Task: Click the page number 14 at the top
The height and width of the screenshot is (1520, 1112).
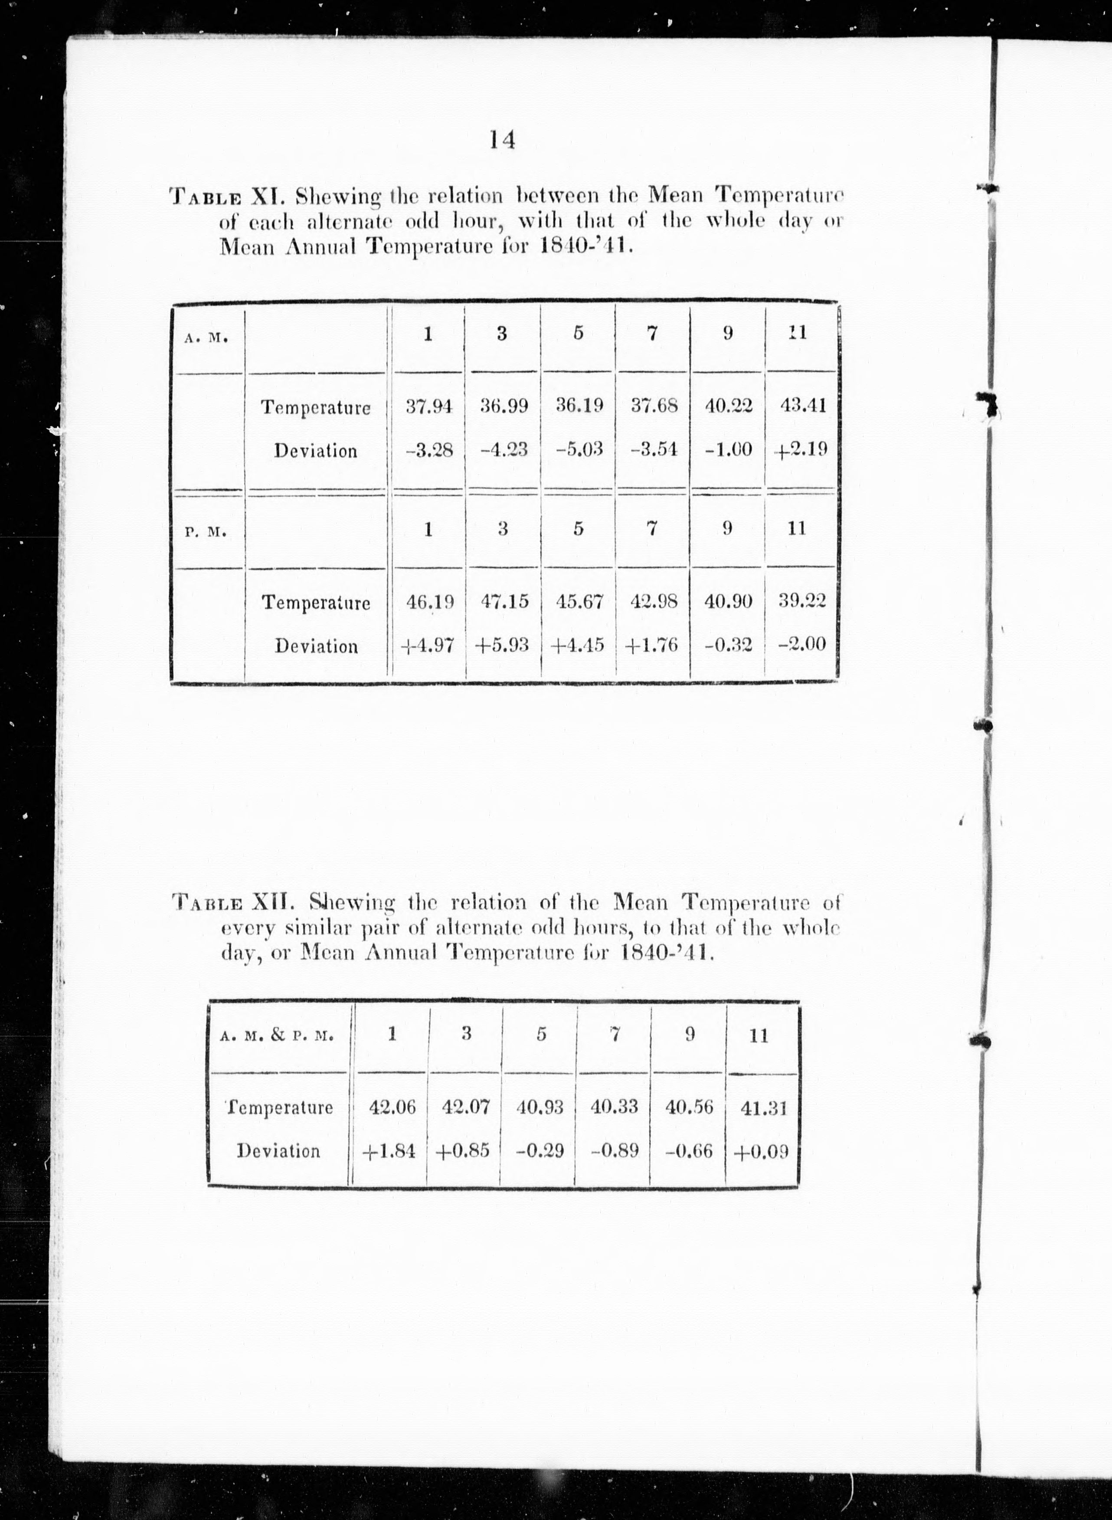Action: (x=502, y=140)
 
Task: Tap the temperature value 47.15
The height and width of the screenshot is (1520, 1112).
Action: (x=504, y=601)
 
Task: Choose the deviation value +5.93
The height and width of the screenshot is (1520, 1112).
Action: (x=502, y=645)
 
